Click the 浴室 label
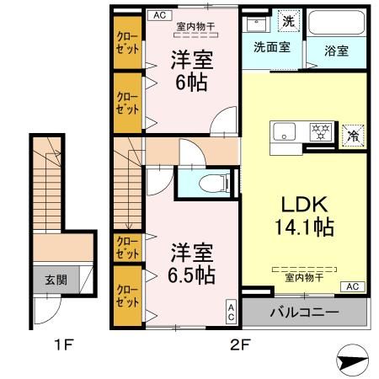[338, 49]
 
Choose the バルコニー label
[305, 313]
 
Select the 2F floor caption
[241, 344]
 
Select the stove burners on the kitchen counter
[320, 132]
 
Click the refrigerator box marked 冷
[355, 134]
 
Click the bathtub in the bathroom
[338, 22]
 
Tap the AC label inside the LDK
[352, 287]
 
